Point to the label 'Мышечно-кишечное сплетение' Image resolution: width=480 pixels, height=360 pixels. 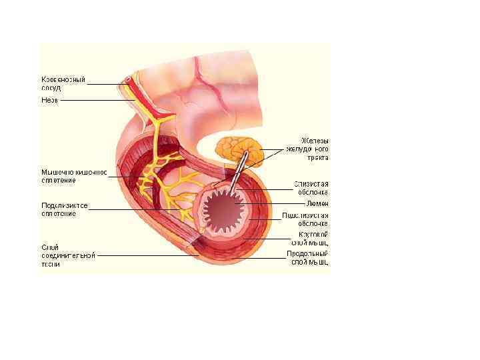(74, 175)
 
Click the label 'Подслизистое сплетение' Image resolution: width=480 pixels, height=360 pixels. (64, 209)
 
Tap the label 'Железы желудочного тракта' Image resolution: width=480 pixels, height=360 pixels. (307, 149)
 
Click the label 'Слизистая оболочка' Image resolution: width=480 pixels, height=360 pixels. (311, 187)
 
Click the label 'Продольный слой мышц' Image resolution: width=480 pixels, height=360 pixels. (307, 258)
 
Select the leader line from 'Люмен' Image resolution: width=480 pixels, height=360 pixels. (273, 203)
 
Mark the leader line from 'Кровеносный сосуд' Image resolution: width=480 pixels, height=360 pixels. (103, 84)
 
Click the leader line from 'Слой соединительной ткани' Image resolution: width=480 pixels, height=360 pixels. (147, 255)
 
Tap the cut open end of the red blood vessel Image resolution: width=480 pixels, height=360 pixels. (127, 80)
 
